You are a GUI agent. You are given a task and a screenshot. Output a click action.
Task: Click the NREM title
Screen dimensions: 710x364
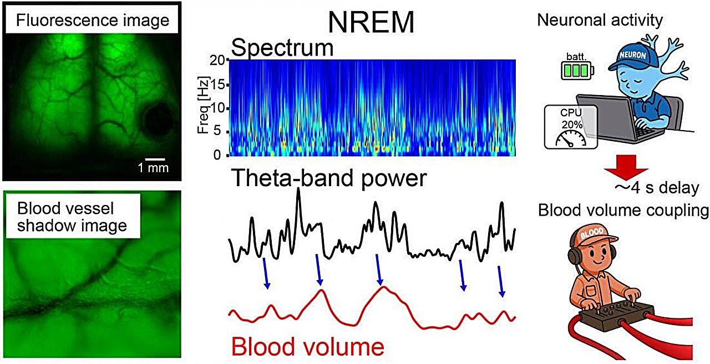(x=371, y=22)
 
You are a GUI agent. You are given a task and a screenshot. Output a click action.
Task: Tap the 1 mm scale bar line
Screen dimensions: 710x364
(x=155, y=159)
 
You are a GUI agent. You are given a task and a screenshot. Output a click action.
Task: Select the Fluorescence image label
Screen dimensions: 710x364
(x=93, y=21)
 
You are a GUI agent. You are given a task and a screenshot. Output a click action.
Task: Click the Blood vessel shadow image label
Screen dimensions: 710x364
(x=72, y=217)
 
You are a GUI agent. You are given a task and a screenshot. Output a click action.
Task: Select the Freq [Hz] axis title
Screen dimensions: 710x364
(x=203, y=105)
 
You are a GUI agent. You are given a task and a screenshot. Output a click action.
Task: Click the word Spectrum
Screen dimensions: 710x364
(x=282, y=48)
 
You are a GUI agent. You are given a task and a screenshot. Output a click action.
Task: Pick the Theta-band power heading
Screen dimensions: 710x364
(x=329, y=178)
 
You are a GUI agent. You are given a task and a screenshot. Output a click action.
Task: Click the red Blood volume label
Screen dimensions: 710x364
(x=307, y=346)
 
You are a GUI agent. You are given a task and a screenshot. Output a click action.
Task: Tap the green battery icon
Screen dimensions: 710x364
(x=577, y=70)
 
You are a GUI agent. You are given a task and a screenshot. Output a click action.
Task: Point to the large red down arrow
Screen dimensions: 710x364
(x=626, y=167)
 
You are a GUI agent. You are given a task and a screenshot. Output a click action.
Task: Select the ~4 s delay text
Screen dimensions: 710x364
(x=657, y=188)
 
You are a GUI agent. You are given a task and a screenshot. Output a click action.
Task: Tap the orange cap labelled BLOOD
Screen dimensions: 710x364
(x=591, y=235)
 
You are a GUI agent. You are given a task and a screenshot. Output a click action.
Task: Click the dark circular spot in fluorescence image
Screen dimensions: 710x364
(x=157, y=118)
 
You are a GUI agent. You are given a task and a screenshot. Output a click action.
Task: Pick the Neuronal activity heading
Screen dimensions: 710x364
(x=600, y=20)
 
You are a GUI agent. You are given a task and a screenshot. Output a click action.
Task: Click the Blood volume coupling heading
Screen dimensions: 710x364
(x=623, y=210)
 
